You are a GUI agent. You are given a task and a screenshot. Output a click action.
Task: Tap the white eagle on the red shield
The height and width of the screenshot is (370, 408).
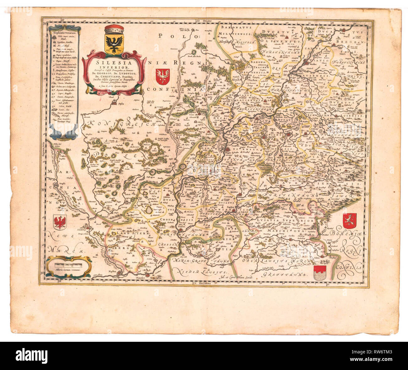[x=163, y=77]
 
